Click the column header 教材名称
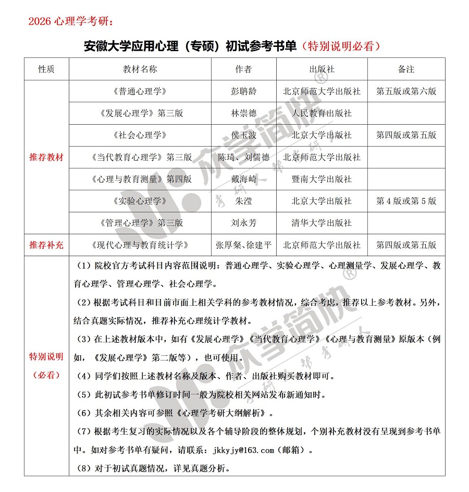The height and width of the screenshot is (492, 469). pos(140,69)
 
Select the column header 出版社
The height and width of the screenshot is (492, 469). pos(322,69)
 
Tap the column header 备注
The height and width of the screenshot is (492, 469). pos(406,69)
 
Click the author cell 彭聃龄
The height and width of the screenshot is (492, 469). pos(243,91)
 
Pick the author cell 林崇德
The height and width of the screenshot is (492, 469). pos(243,113)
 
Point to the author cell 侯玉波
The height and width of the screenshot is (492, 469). pos(243,135)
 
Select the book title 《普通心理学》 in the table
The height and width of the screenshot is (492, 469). pos(140,91)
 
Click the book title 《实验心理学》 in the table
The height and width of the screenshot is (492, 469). pos(140,201)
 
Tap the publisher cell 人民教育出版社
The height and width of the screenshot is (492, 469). pos(322,113)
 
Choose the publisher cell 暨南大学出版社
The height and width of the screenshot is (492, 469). pos(322,179)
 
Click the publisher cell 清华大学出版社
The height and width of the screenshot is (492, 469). pos(322,223)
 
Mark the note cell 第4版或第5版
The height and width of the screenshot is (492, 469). pos(406,201)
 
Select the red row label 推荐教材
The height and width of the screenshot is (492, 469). pos(46,157)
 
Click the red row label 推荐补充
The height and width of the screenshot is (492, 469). pos(46,245)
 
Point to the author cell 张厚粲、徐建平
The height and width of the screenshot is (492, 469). pos(243,245)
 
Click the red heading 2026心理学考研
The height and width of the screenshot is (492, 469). pos(69,21)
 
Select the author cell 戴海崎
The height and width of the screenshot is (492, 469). pos(243,179)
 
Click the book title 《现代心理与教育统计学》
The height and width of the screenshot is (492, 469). pos(140,245)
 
